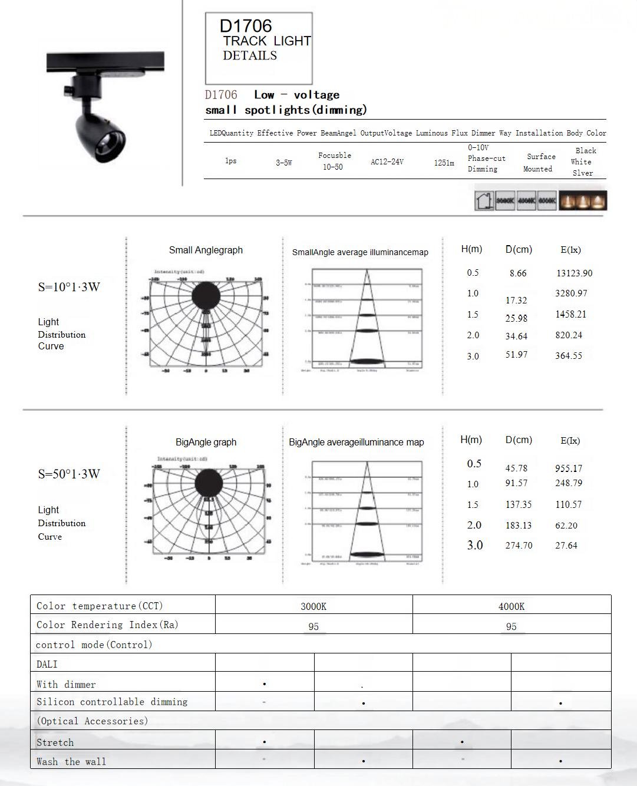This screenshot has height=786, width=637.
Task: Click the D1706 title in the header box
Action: [246, 26]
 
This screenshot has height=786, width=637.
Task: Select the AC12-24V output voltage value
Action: [387, 161]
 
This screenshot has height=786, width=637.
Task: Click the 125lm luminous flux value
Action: [444, 163]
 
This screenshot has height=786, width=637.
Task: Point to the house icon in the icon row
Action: [484, 200]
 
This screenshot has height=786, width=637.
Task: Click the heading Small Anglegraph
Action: [206, 250]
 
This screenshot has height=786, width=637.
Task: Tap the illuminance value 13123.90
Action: [574, 273]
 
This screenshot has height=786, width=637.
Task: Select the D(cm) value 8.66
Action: [518, 273]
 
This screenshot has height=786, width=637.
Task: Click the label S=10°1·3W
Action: [69, 287]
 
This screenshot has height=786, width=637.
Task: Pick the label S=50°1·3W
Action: [69, 474]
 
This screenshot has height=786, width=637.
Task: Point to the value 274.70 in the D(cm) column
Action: [519, 546]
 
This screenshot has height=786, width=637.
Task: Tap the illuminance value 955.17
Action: [568, 468]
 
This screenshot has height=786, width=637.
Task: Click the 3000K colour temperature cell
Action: [313, 606]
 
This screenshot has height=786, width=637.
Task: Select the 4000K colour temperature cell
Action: [511, 606]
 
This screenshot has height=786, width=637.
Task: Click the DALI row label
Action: [47, 664]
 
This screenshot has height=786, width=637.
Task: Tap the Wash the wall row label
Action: [71, 761]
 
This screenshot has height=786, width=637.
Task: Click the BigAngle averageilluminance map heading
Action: [357, 442]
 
